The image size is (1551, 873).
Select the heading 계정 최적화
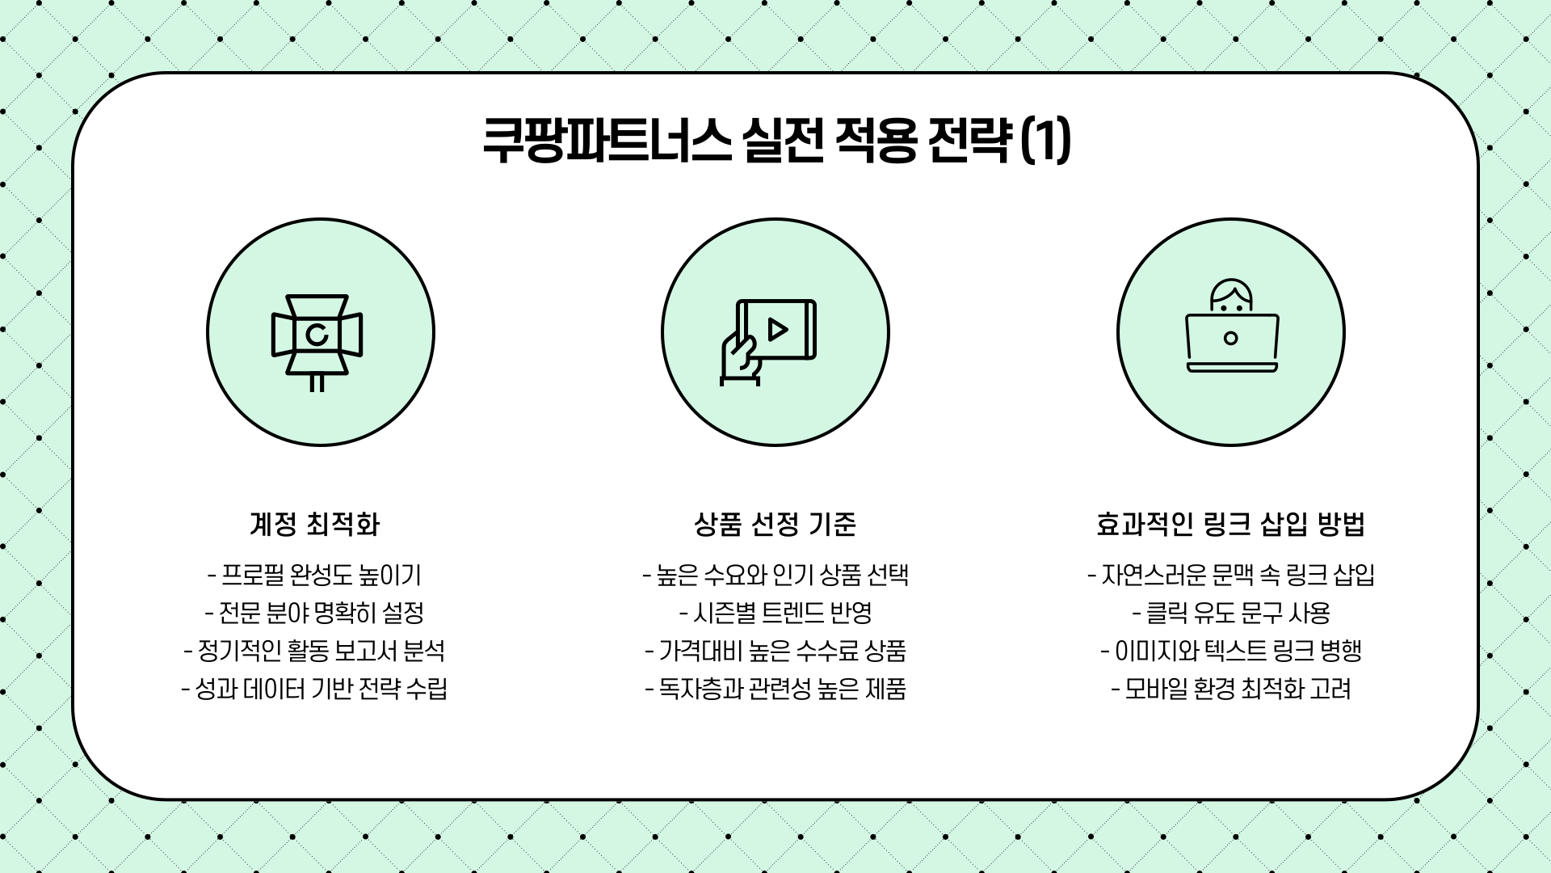click(x=314, y=525)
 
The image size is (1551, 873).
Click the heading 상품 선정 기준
click(x=775, y=525)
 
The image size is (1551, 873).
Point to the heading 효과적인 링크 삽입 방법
click(x=1230, y=525)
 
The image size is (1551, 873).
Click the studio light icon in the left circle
click(x=317, y=339)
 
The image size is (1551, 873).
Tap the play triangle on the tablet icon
click(x=778, y=329)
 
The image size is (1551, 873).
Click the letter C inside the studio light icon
click(x=317, y=334)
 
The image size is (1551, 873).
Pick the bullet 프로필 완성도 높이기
click(x=314, y=576)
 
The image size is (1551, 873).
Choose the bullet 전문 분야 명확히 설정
click(x=314, y=614)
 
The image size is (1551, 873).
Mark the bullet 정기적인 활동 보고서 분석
click(x=314, y=652)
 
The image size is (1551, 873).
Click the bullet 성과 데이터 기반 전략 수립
click(x=314, y=690)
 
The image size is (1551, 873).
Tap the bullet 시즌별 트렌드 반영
click(x=775, y=614)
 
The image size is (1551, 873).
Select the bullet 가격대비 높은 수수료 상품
click(x=775, y=652)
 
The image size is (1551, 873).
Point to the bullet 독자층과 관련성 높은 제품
click(x=775, y=690)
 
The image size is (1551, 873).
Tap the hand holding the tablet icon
click(x=740, y=360)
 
